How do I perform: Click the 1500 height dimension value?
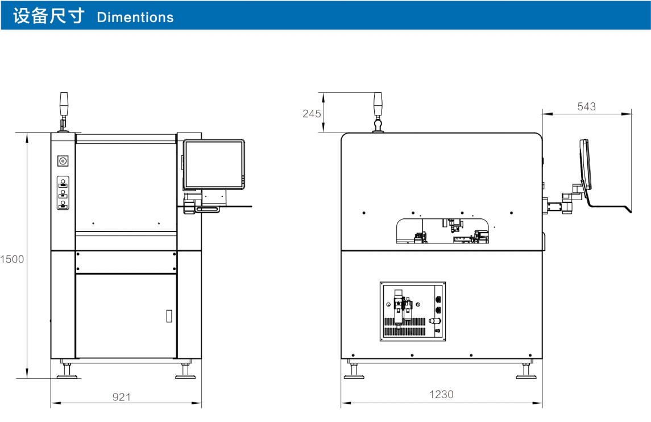coord(12,259)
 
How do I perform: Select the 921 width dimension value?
coord(121,397)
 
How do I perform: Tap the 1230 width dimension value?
coord(441,394)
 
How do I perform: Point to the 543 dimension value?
coord(586,106)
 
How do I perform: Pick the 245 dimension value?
coord(312,114)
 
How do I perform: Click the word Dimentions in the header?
coord(135,17)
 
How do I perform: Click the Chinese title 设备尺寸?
coord(49,16)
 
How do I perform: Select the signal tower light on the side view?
coord(378,105)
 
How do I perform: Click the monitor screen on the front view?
coord(214,165)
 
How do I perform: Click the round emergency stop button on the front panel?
coord(63,161)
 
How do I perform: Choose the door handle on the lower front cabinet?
coord(169,316)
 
